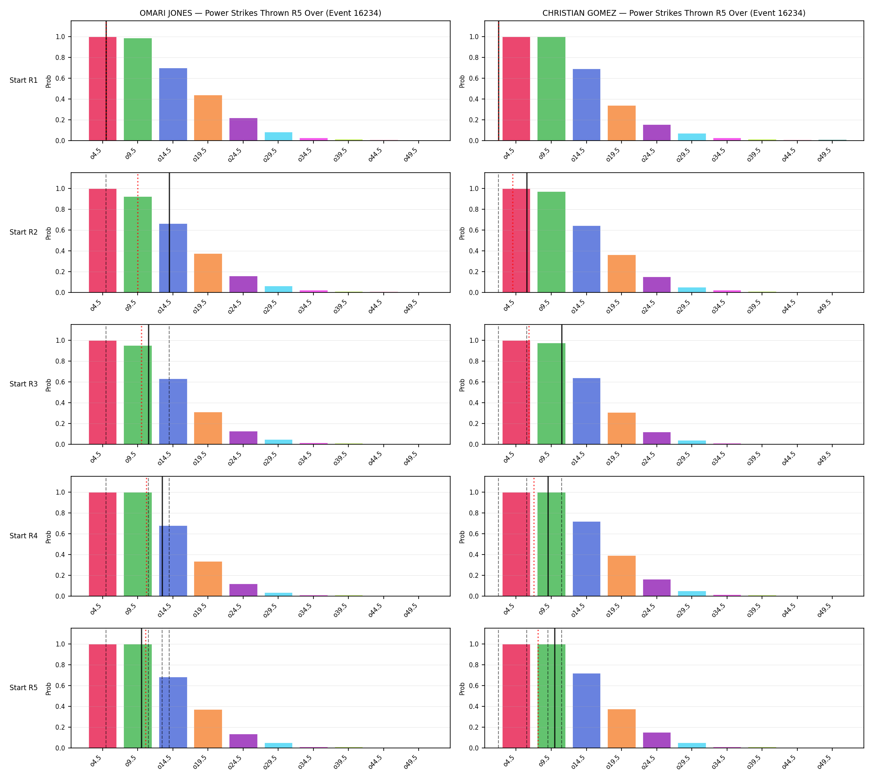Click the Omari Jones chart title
tap(260, 13)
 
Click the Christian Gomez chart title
tap(674, 13)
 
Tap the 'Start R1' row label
tap(24, 80)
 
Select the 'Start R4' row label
tap(24, 536)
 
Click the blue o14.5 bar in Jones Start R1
tap(173, 104)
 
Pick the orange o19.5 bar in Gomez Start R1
tap(621, 123)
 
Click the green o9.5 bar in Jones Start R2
tap(138, 244)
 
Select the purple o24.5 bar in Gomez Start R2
tap(657, 285)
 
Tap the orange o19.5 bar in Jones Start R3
tap(208, 428)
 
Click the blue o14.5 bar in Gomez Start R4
tap(587, 559)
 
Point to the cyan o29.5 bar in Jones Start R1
tap(279, 136)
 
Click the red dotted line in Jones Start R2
tap(138, 233)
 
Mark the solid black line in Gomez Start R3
tap(562, 384)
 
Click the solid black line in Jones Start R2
tap(169, 233)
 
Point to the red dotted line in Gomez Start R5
tap(538, 688)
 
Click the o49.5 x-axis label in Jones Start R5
tap(410, 761)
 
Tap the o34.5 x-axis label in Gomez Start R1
tap(718, 155)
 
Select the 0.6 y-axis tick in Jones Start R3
tap(60, 382)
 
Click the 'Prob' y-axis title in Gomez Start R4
tap(462, 537)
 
